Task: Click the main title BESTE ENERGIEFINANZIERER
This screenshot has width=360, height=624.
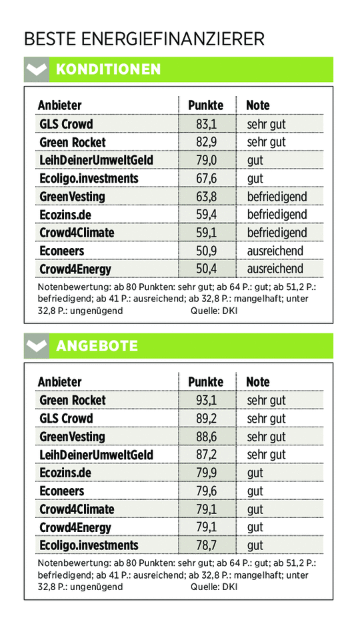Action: pos(144,39)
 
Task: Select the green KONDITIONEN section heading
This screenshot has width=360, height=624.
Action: pos(108,69)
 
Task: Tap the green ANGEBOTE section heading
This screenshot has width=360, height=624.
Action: pos(97,346)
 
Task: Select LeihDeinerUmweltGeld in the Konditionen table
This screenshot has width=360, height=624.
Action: pos(96,161)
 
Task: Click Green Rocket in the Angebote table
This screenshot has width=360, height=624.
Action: pos(73,400)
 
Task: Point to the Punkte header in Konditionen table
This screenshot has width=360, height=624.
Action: pos(205,105)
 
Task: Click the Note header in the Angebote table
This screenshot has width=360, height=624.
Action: pos(258,382)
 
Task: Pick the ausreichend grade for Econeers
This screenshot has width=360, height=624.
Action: pos(275,251)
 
